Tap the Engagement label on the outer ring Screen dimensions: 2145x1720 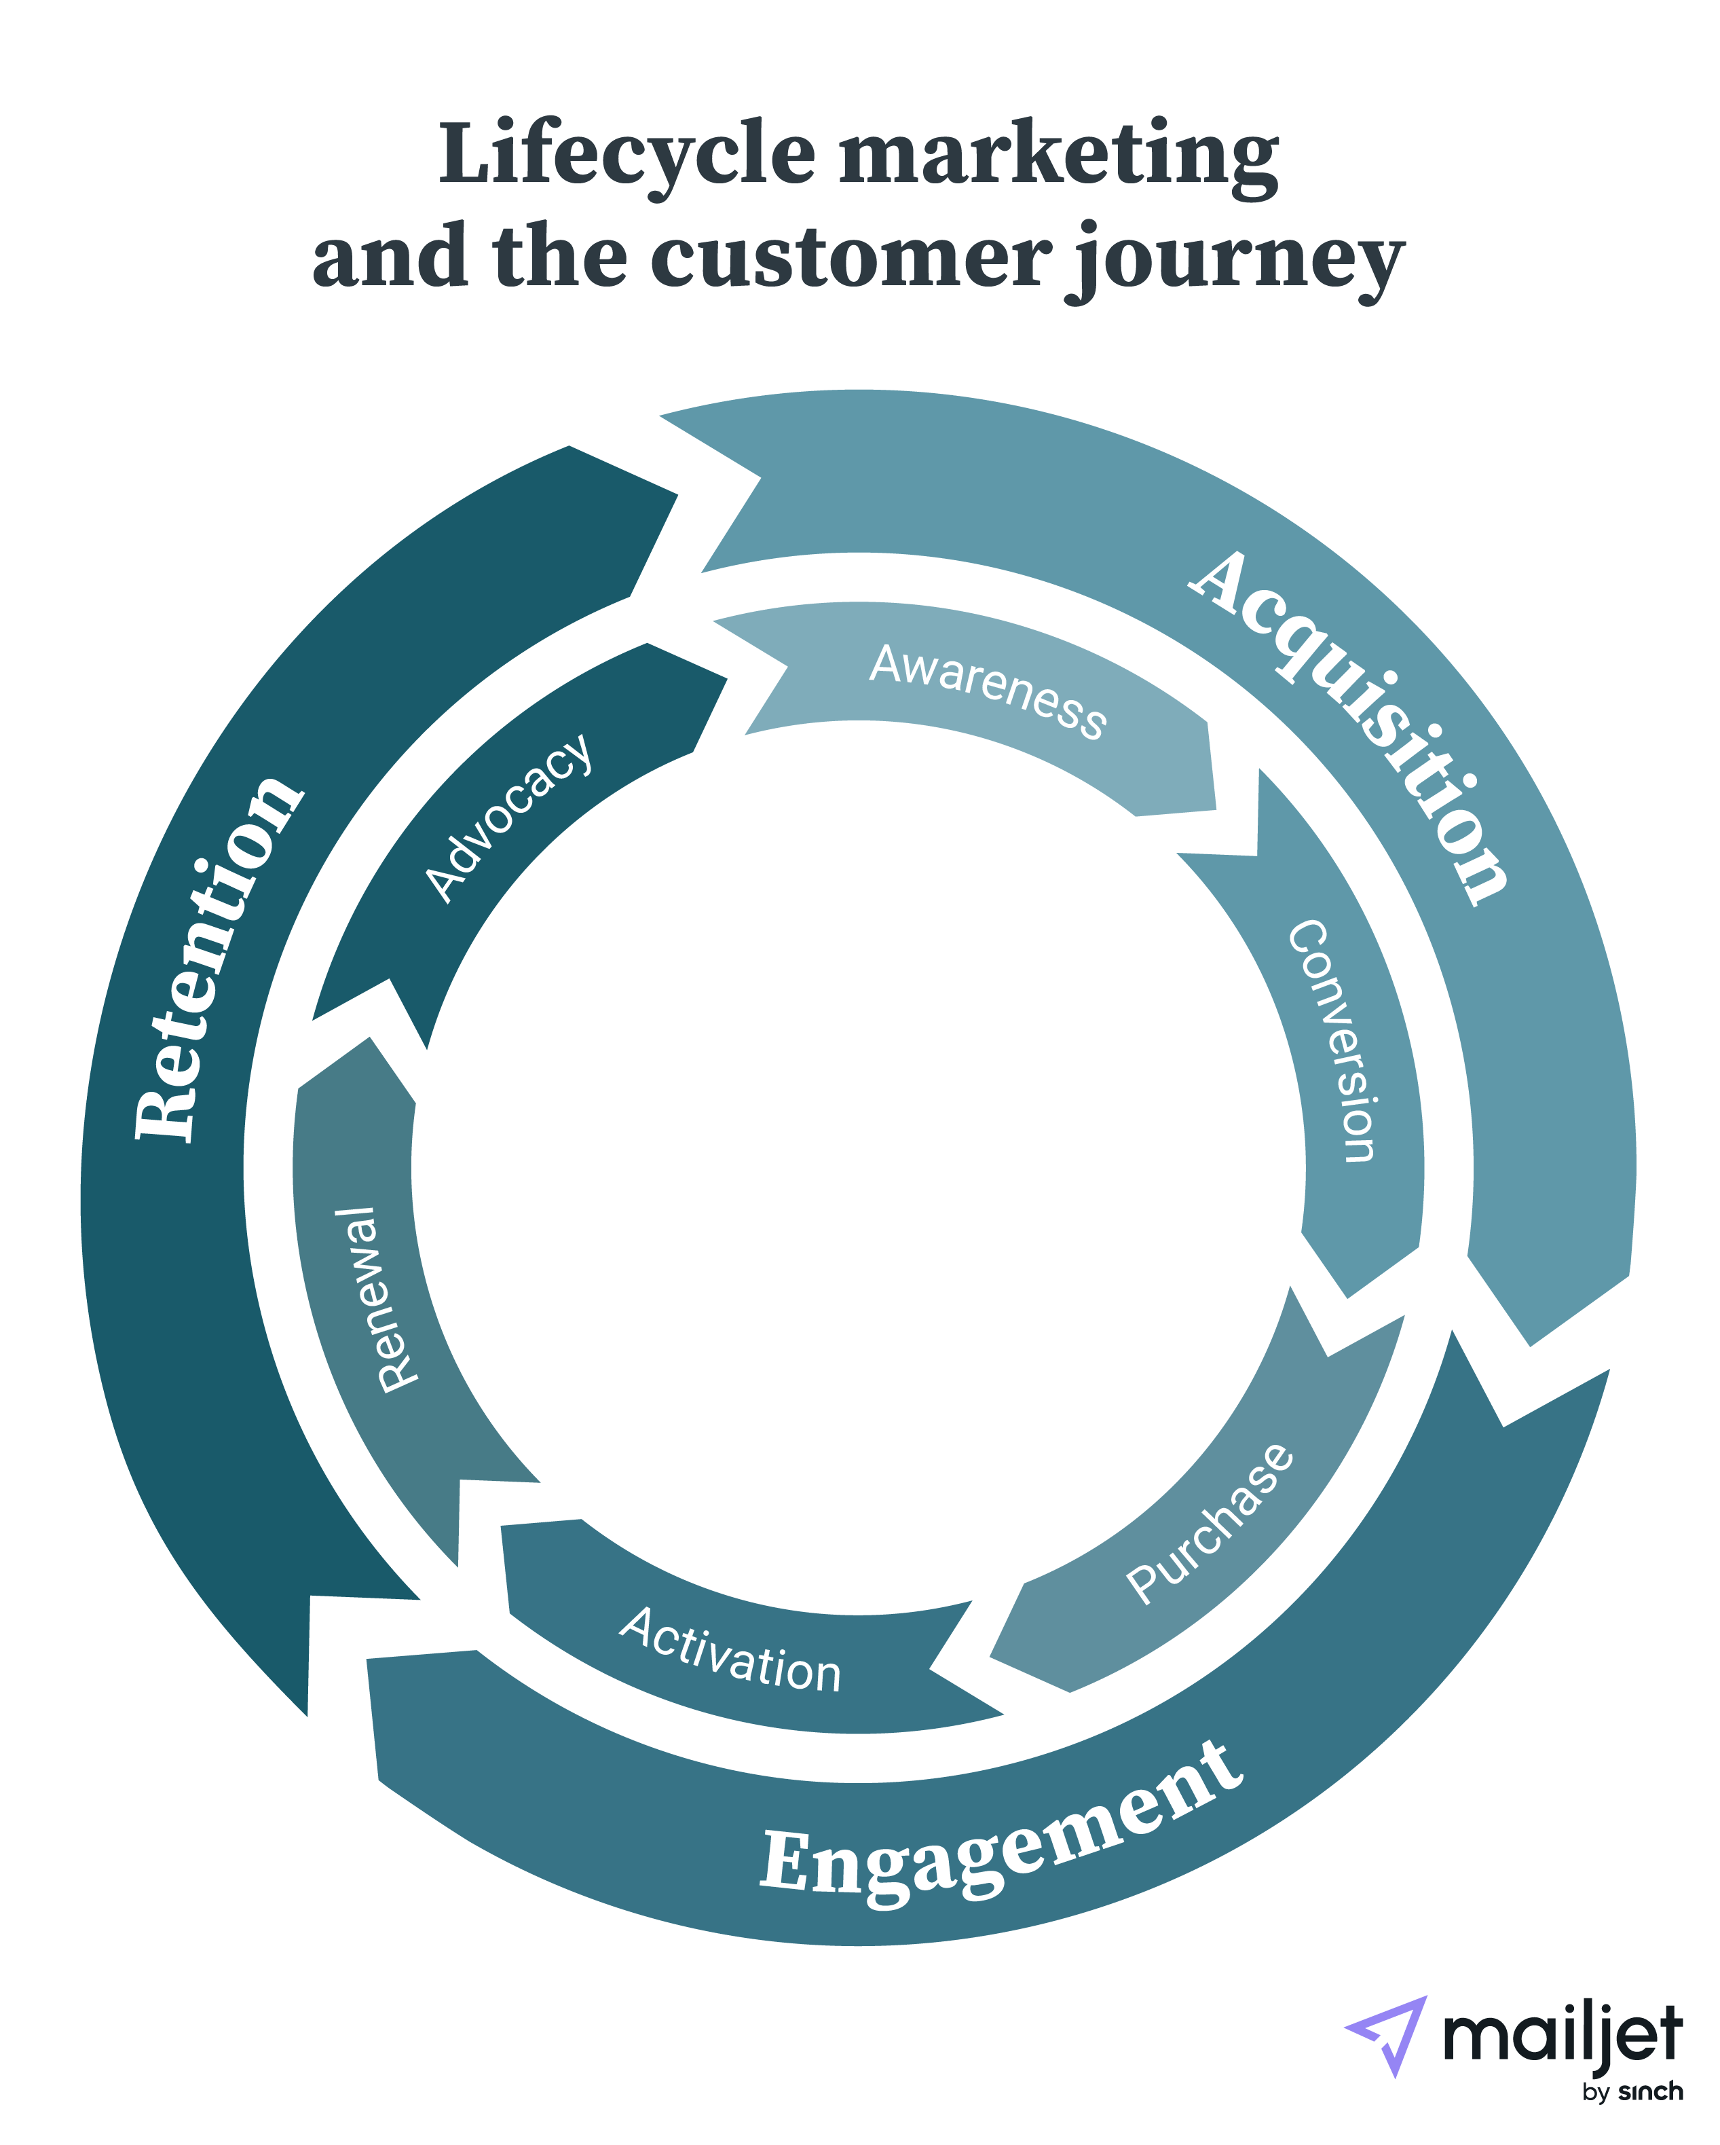(1000, 1831)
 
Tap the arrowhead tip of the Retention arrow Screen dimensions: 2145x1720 (308, 1715)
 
